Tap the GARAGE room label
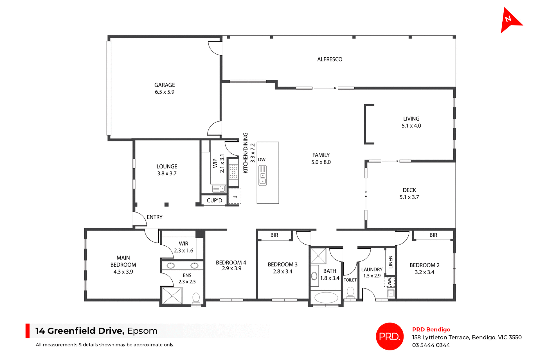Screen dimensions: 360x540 coord(165,85)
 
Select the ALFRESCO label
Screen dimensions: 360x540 coord(330,59)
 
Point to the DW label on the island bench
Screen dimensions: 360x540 coord(262,160)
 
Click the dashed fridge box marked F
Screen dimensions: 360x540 coord(235,196)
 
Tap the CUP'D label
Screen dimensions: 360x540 coord(214,200)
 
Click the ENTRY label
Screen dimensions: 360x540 coord(154,217)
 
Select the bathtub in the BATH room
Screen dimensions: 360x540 coord(326,298)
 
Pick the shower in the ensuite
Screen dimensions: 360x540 coord(172,296)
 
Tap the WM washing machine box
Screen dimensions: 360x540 coord(390,282)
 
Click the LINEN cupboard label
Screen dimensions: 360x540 coord(390,262)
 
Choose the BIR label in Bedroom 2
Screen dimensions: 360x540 coord(433,235)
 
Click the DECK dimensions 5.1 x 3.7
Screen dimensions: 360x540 coord(409,197)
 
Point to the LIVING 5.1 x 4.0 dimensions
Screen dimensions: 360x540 coord(411,126)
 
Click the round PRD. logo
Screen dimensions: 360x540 coord(390,336)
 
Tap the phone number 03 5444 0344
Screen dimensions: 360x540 coord(431,345)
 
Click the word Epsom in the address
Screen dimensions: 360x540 coord(142,331)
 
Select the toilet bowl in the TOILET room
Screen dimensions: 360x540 coord(350,292)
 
